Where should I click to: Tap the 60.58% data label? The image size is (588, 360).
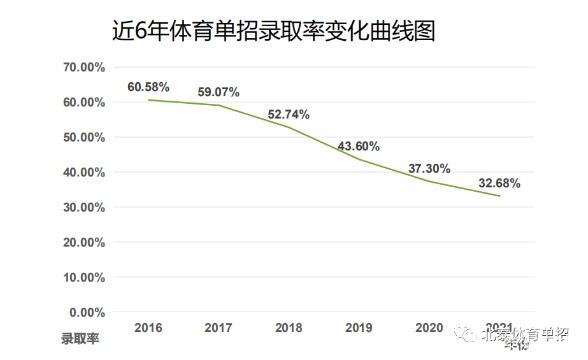click(x=148, y=87)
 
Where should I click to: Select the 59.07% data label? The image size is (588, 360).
click(x=219, y=92)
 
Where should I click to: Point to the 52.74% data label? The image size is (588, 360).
click(x=289, y=115)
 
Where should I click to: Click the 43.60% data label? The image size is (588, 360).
click(x=359, y=147)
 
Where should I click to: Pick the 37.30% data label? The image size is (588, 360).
click(x=429, y=169)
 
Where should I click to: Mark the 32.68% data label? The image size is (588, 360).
click(x=499, y=184)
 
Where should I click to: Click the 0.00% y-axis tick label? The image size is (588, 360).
click(x=87, y=313)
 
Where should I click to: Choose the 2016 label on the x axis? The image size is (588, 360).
click(x=148, y=328)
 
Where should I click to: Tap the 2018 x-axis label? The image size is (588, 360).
click(x=289, y=328)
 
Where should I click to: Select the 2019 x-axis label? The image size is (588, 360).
click(x=359, y=328)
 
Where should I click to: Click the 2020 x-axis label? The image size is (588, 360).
click(x=429, y=328)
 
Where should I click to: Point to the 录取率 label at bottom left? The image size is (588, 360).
click(x=80, y=339)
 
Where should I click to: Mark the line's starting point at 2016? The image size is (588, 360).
click(x=148, y=100)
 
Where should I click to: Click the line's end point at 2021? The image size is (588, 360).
click(x=499, y=196)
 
